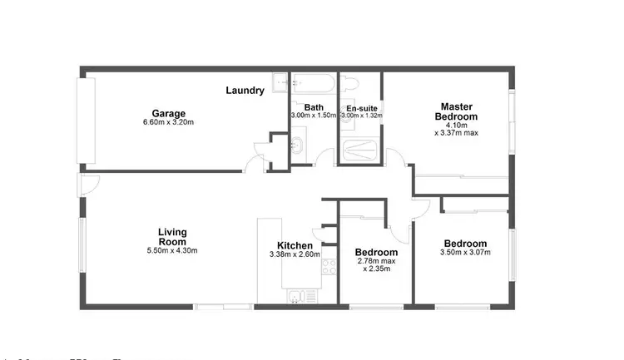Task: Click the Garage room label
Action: click(168, 113)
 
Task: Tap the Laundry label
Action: click(245, 90)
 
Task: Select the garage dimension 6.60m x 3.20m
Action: click(168, 123)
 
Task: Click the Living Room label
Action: click(172, 236)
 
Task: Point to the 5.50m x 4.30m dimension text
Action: click(172, 250)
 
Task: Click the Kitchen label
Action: click(295, 246)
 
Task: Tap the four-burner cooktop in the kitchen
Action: click(328, 268)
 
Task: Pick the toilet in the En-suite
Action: click(350, 82)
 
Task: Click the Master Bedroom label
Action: click(457, 111)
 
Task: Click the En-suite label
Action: click(362, 108)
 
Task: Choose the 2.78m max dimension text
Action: click(376, 262)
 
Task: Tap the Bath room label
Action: click(314, 107)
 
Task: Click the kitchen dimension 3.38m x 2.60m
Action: click(295, 255)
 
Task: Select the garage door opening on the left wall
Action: click(87, 121)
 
